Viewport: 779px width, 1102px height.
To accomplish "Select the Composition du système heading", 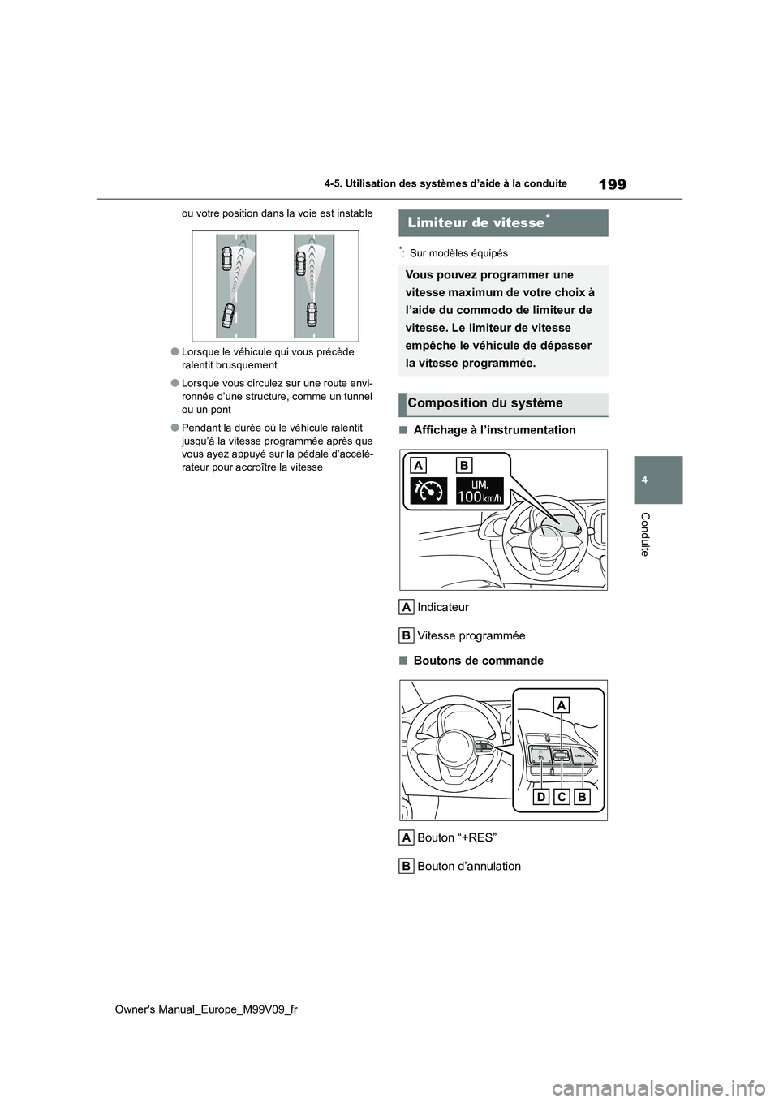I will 485,403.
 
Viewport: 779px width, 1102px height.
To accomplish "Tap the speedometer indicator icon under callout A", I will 428,491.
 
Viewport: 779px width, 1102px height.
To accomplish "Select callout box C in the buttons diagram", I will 562,798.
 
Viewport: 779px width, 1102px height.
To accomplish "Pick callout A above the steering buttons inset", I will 562,705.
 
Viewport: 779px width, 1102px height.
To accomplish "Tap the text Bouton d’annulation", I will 468,866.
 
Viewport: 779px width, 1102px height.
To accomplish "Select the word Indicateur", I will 442,607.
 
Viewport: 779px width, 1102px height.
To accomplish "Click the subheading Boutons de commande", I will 478,661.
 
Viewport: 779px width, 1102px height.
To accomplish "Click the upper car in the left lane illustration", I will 226,260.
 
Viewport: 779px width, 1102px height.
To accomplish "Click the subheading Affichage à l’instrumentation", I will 494,430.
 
